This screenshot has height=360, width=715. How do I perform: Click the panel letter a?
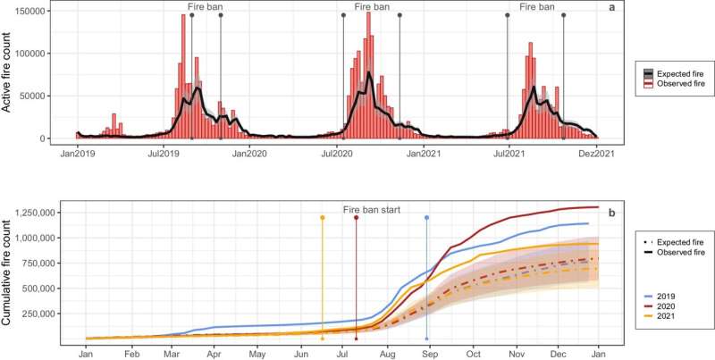click(610, 8)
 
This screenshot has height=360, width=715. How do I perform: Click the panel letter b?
click(610, 213)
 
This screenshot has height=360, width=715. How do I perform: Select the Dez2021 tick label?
click(596, 155)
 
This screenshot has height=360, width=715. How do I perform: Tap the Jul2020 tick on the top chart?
click(337, 155)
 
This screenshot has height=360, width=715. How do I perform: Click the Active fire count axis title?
click(8, 73)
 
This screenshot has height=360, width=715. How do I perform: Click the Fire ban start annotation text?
click(372, 210)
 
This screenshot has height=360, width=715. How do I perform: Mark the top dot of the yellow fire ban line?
click(322, 217)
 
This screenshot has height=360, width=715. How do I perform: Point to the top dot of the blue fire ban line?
click(427, 217)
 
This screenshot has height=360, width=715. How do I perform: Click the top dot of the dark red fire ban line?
click(357, 217)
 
